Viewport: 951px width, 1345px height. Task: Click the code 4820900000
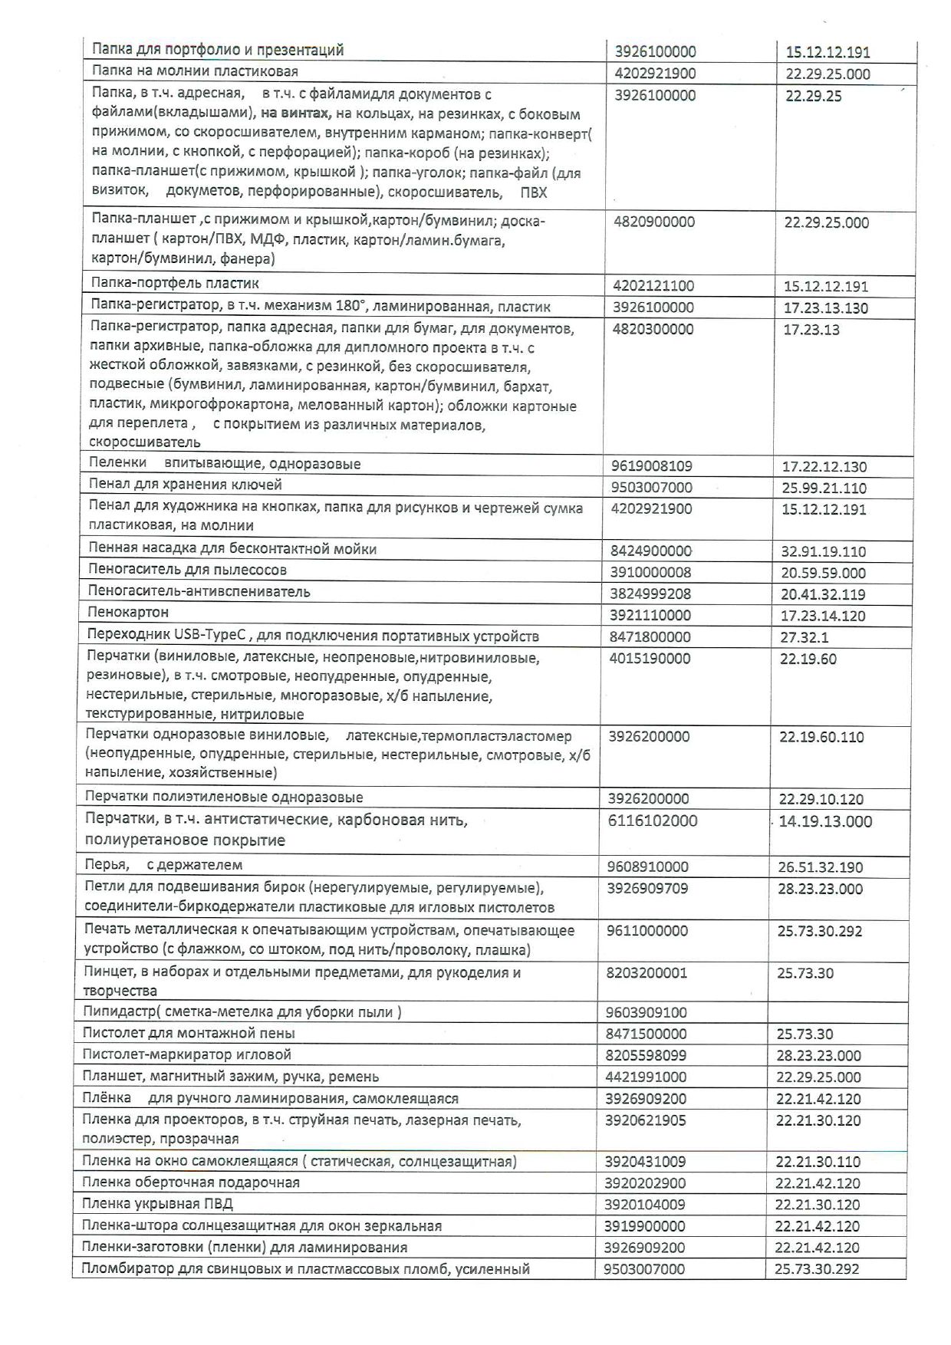(654, 222)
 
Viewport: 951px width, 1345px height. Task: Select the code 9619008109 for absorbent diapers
(651, 465)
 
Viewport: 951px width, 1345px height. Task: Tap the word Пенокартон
(128, 613)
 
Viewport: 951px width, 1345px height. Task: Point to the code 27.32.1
(805, 637)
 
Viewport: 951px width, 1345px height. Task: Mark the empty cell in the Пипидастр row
(836, 1012)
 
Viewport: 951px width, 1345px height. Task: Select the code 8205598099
(647, 1056)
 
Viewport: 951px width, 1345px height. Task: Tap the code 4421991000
(646, 1077)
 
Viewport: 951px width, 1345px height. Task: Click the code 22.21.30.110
(818, 1162)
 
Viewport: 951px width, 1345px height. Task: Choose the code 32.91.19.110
(822, 551)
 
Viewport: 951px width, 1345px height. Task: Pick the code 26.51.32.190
(820, 868)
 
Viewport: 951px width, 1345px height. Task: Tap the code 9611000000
(647, 932)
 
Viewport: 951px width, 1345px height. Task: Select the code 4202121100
(653, 287)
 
